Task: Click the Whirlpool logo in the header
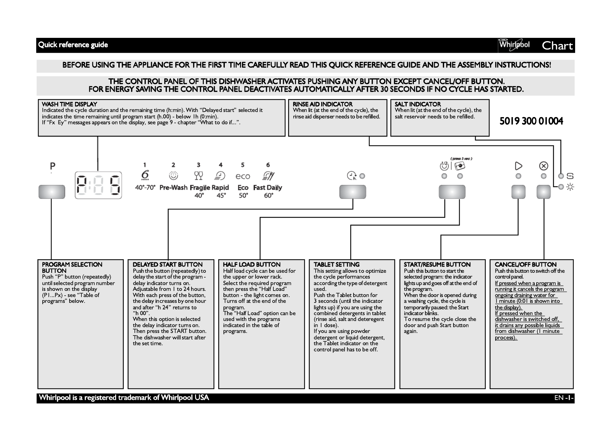tap(514, 45)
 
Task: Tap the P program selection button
tap(52, 192)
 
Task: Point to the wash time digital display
tap(98, 185)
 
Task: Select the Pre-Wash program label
tap(173, 188)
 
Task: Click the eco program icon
tap(243, 176)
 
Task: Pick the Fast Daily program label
tap(268, 188)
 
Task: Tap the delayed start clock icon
tap(352, 176)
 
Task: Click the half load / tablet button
tap(452, 192)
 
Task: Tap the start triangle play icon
tap(519, 166)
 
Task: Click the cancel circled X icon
tap(544, 166)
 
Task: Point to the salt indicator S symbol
tap(570, 176)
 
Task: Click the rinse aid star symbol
tap(570, 187)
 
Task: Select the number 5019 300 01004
tap(531, 121)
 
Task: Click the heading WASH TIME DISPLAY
tap(70, 104)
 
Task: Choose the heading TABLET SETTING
tap(336, 264)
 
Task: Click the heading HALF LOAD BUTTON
tap(252, 264)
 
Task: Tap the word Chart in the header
tap(557, 46)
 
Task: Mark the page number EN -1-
tap(564, 398)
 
